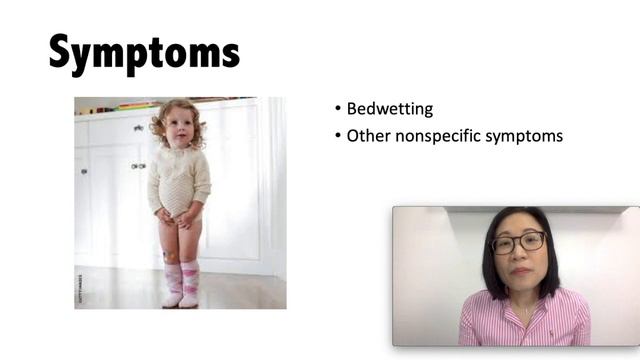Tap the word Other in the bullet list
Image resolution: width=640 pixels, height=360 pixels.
click(x=366, y=135)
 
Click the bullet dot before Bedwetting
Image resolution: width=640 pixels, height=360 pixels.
click(x=338, y=109)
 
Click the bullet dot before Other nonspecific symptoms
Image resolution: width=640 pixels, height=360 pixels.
click(x=338, y=135)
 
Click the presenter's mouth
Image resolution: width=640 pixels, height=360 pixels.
click(x=518, y=271)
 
